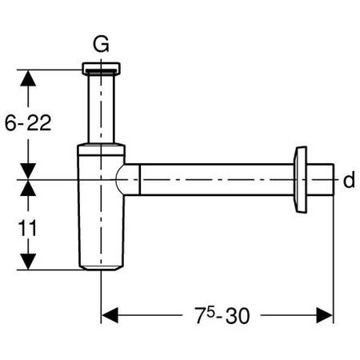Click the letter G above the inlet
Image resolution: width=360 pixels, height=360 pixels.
tap(101, 43)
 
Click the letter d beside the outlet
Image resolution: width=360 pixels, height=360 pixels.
tap(348, 181)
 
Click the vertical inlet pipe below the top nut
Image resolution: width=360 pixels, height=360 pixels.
tap(101, 108)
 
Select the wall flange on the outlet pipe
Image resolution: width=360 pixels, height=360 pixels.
tap(302, 180)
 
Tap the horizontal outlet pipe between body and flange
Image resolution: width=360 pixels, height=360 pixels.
tap(216, 180)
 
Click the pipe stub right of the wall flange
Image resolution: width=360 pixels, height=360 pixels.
tap(322, 180)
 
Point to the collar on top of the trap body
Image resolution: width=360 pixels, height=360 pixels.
tap(101, 149)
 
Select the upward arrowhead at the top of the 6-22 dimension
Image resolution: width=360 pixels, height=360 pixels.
tap(28, 78)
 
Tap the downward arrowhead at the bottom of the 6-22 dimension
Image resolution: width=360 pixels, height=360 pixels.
tap(28, 171)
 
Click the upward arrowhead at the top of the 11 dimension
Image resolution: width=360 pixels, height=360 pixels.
tap(28, 189)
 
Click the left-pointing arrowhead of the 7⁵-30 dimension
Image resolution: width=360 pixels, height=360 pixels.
tap(110, 315)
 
